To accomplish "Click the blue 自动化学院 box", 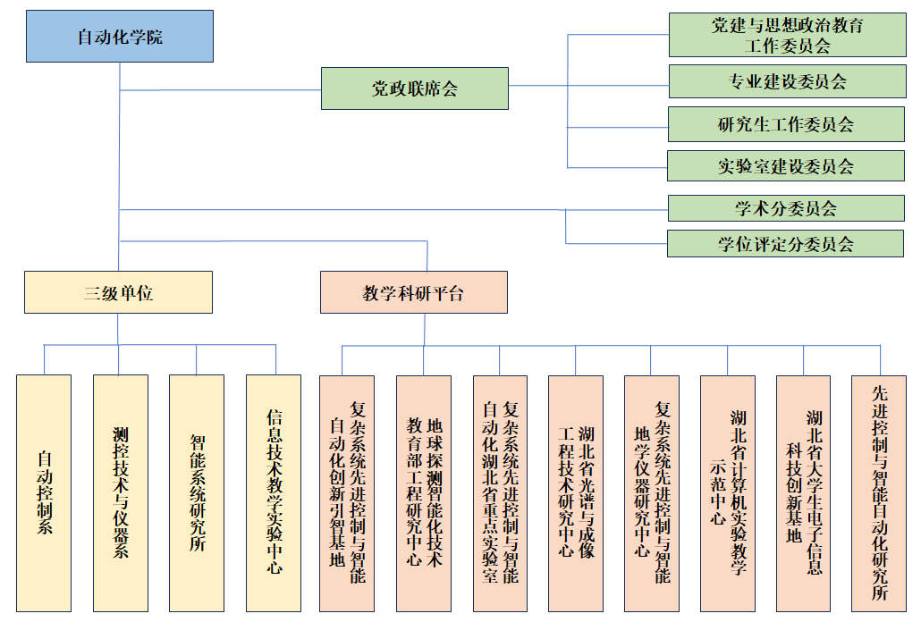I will click(x=120, y=37).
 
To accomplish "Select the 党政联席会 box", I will click(x=415, y=88).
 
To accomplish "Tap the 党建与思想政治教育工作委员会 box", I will click(x=787, y=35).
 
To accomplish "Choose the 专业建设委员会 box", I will click(x=787, y=82).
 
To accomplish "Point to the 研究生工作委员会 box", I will click(x=787, y=124).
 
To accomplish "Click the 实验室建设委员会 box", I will click(x=787, y=166).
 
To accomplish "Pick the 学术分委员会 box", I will click(x=787, y=208).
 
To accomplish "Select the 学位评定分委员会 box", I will click(x=787, y=243).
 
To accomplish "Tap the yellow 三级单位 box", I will click(x=118, y=292).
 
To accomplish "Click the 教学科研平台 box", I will click(x=414, y=292).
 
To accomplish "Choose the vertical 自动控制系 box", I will click(x=44, y=492).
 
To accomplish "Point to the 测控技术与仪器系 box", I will click(x=120, y=492).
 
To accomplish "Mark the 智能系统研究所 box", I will click(x=197, y=492).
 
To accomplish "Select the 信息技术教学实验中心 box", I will click(x=274, y=492).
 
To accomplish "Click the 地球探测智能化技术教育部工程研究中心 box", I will click(x=424, y=492).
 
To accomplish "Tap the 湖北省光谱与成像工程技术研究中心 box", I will click(x=576, y=492).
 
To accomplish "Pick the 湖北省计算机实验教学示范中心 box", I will click(x=728, y=492).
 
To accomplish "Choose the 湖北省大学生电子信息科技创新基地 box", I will click(x=804, y=492).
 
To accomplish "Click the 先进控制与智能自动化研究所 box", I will click(x=879, y=492).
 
